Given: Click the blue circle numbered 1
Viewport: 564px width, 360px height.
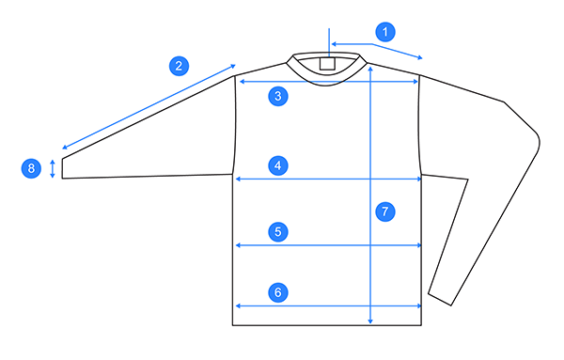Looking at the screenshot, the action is [384, 31].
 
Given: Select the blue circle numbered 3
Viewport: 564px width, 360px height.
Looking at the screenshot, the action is [276, 96].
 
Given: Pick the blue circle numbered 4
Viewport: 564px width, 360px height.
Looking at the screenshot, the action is [276, 166].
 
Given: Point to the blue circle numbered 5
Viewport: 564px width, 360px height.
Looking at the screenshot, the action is [276, 231].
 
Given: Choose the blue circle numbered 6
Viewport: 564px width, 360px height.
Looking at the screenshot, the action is [276, 292].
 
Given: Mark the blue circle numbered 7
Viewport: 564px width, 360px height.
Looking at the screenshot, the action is [384, 211].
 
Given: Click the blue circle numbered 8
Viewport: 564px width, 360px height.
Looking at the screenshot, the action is [32, 168].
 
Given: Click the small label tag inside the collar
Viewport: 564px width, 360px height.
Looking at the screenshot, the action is [327, 64].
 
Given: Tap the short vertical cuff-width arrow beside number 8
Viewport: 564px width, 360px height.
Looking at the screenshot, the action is [53, 168].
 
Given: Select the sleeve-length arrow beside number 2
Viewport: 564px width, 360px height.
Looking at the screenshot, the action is [149, 106].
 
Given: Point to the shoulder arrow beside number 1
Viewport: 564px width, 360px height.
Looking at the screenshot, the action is [376, 48].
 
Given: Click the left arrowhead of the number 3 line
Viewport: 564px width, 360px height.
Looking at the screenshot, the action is [239, 83].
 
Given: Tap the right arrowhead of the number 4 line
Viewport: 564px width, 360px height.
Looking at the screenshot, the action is [418, 179].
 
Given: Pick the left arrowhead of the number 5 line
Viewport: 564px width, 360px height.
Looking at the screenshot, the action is [237, 245].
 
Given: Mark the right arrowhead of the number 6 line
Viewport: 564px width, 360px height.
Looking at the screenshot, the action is [418, 306].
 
